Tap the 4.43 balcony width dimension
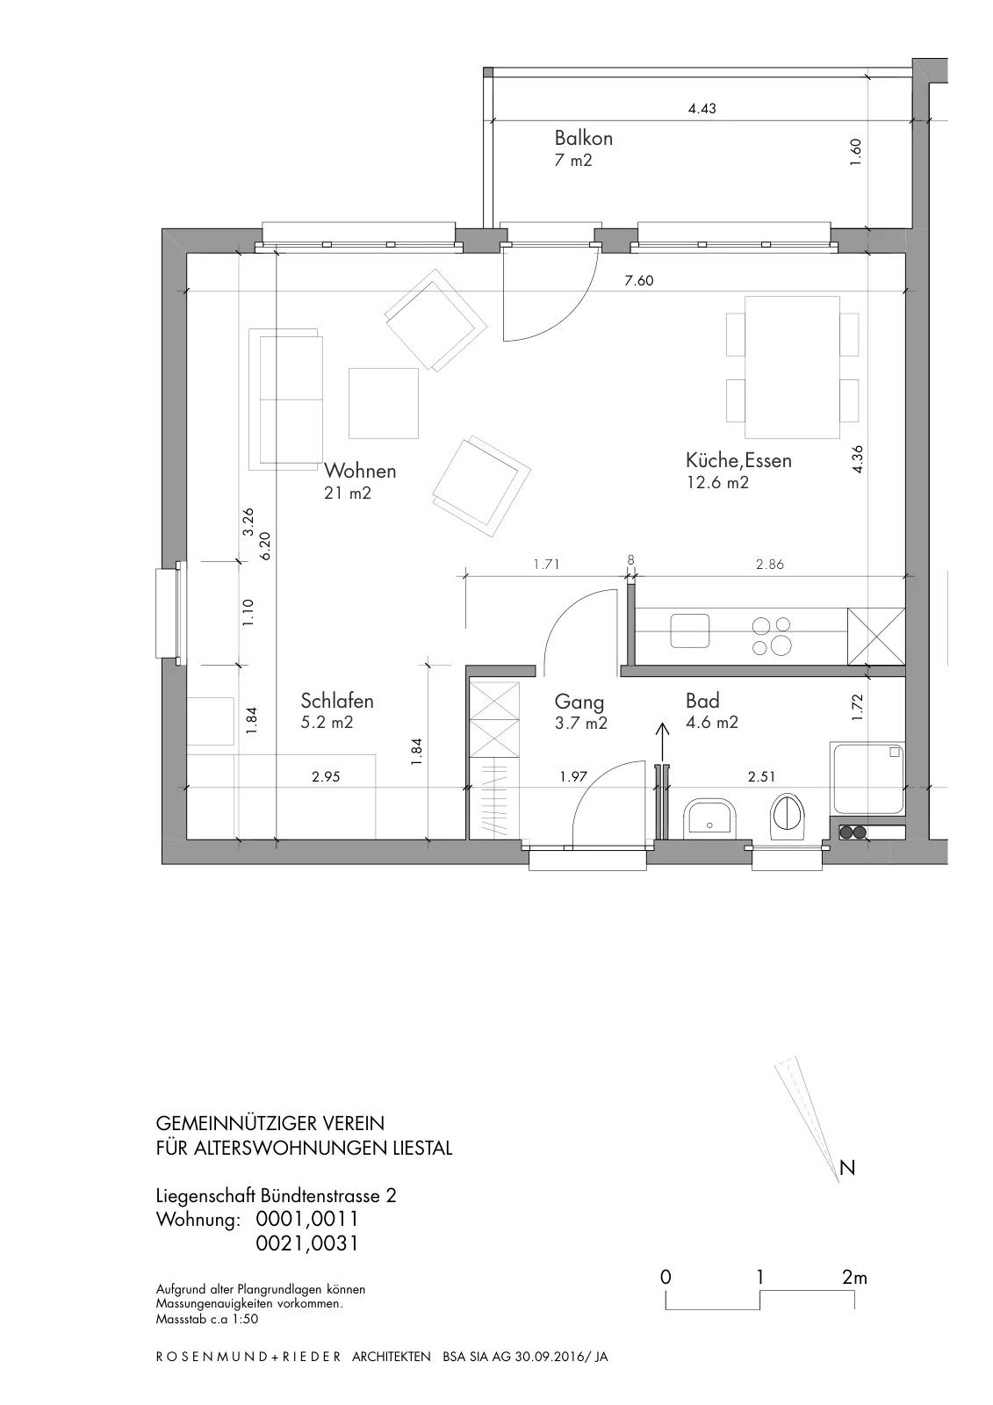(x=702, y=109)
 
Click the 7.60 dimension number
(x=638, y=280)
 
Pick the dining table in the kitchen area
(x=792, y=368)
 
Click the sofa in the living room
(x=286, y=399)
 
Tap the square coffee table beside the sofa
(x=384, y=403)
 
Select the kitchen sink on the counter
(x=689, y=631)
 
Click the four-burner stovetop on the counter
(x=771, y=636)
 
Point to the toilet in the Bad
(x=788, y=816)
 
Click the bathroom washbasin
(x=709, y=818)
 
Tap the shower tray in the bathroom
(x=867, y=778)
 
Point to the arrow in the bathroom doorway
(x=662, y=742)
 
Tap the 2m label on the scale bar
(x=854, y=1277)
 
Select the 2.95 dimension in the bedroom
(x=326, y=776)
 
